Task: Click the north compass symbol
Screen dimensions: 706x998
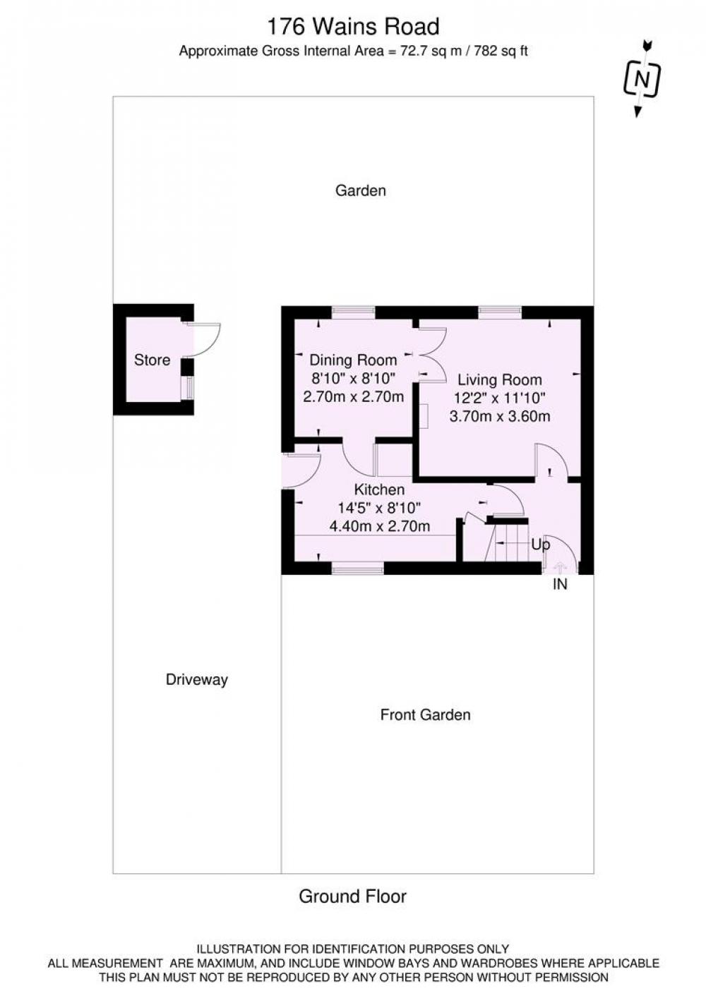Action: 642,79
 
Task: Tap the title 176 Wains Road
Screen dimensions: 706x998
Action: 353,26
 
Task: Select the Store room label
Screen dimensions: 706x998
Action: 152,360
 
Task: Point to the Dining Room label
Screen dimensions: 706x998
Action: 353,360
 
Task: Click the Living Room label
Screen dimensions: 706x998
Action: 500,380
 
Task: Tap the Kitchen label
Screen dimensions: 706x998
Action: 379,489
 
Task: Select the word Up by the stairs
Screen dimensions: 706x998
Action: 541,545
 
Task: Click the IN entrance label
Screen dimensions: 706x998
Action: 560,584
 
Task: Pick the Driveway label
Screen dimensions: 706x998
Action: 197,680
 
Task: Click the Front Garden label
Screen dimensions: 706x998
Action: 426,715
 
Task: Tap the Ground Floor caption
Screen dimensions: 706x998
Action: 353,896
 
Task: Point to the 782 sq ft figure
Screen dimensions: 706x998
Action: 501,51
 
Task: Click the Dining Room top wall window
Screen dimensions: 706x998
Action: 353,312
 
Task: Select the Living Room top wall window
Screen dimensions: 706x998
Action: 500,312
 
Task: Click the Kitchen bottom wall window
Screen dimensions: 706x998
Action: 358,568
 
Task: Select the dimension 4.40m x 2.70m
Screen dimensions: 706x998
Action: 380,527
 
